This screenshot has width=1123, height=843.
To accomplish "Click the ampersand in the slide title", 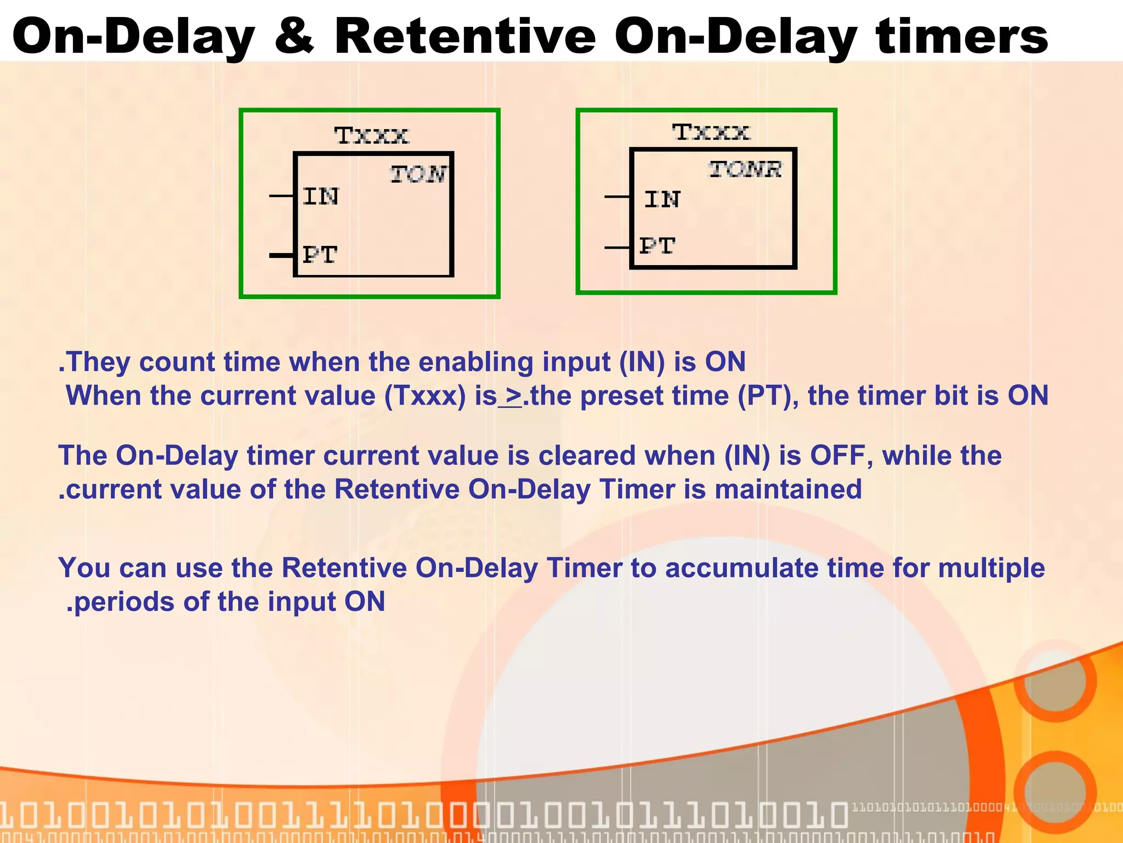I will tap(294, 36).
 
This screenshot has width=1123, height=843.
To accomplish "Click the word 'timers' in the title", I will tap(962, 36).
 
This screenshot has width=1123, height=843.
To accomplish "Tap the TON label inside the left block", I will tap(418, 174).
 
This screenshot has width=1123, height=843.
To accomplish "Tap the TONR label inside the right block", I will tap(745, 169).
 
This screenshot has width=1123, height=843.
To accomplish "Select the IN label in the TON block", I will tap(321, 196).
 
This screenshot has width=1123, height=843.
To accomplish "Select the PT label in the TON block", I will tap(320, 255).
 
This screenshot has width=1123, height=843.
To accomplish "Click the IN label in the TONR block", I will tap(662, 200).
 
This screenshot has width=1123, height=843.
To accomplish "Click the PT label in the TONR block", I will tap(657, 246).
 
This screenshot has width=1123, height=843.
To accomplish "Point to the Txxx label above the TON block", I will tap(371, 136).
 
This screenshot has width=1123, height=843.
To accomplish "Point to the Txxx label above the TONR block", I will tap(711, 132).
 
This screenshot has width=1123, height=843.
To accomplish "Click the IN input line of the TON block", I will tap(282, 195).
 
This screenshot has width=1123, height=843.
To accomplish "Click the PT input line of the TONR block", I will tap(617, 248).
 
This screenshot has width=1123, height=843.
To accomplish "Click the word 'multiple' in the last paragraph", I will tap(991, 568).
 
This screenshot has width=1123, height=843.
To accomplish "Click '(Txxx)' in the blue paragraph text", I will tap(424, 396).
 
